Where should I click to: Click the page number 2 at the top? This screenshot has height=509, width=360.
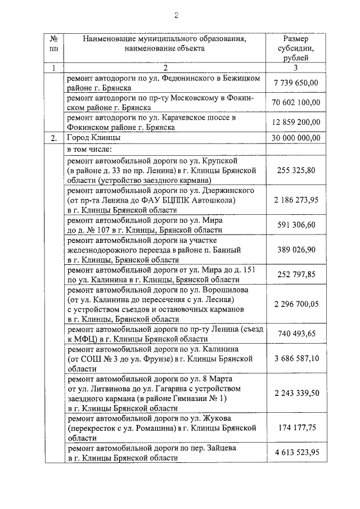tap(176, 15)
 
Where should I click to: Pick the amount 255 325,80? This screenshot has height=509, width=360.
tap(296, 169)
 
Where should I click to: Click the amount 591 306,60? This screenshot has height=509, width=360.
tap(296, 225)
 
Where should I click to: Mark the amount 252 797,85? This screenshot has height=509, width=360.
tap(296, 274)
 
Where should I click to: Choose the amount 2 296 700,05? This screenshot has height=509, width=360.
tap(296, 304)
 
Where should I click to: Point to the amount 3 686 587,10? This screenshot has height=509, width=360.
tap(296, 358)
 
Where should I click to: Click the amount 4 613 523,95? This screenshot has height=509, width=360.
tap(296, 453)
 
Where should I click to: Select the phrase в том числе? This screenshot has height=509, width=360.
tap(90, 150)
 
